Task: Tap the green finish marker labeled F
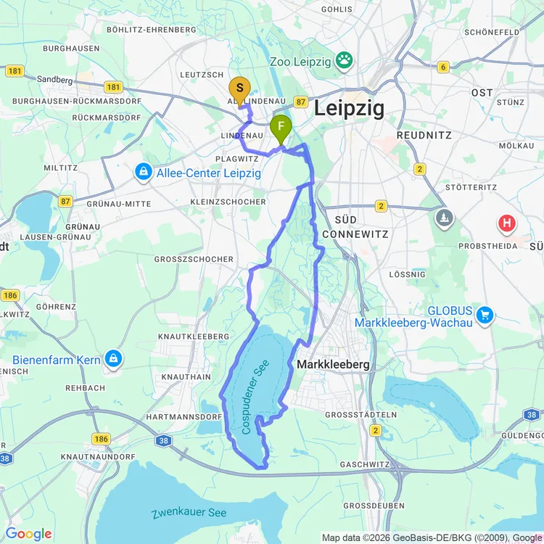point(281,128)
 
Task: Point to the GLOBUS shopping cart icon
point(485,316)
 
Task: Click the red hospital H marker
point(507,223)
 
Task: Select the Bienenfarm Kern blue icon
point(113,358)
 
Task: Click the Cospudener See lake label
point(255,397)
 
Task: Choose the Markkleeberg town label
point(334,364)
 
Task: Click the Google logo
point(29,534)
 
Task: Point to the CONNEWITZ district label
point(355,234)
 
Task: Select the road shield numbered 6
point(442,67)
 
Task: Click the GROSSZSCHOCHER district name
point(194,259)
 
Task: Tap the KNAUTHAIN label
point(186,377)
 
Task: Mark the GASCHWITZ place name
point(365,464)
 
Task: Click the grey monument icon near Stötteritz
point(445,217)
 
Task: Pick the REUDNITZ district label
point(424,136)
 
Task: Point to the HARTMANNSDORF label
point(184,417)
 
